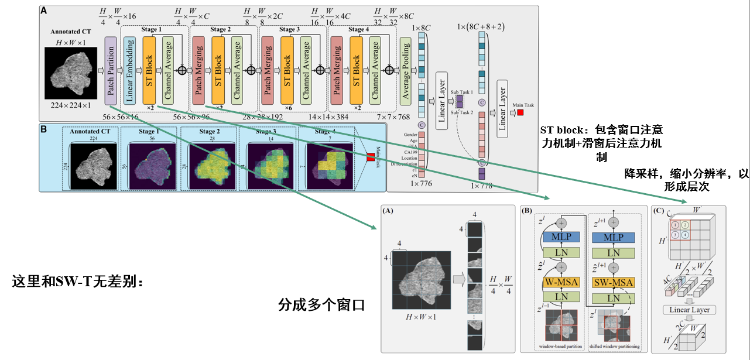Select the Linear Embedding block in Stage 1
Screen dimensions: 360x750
[x=130, y=70]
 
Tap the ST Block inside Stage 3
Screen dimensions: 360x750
[x=287, y=70]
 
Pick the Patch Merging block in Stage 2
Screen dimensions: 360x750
[x=199, y=70]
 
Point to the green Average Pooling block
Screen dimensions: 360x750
[x=406, y=70]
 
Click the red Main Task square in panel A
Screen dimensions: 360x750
[x=520, y=112]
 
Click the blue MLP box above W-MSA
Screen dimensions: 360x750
[x=561, y=238]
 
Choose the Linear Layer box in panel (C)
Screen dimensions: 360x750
[x=689, y=309]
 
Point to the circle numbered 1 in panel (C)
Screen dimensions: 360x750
[x=676, y=225]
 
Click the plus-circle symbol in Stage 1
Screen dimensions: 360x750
[x=181, y=70]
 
